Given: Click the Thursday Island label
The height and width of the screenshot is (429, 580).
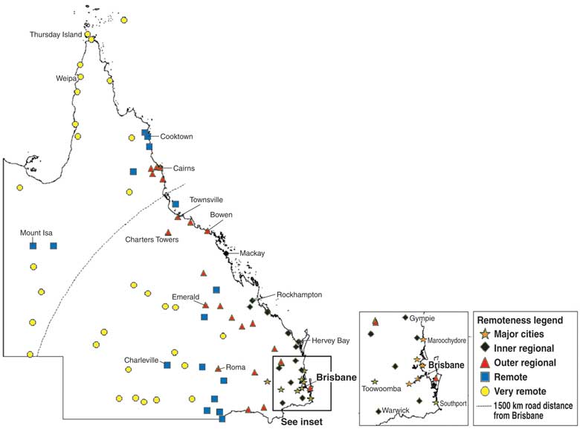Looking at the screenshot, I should point(59,35).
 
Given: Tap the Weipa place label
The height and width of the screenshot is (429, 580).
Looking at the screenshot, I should point(67,78).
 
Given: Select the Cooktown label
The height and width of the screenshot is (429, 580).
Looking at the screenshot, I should point(176,137).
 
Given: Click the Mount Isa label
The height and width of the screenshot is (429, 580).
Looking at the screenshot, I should point(36,233).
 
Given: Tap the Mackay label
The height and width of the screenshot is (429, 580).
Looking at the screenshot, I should point(252,254).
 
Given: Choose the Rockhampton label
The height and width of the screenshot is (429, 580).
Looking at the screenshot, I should point(299,294).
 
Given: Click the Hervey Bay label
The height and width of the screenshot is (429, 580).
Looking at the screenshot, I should point(329,341).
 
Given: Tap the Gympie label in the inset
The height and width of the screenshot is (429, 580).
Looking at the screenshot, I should point(422,318).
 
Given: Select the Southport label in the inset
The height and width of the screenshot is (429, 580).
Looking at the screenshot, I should point(452,404).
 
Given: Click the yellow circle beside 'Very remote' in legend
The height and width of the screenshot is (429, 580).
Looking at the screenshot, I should point(486,391).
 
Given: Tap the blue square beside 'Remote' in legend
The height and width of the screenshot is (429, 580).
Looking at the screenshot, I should point(486,377).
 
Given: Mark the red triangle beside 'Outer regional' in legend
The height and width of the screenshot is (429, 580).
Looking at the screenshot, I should point(486,363).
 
